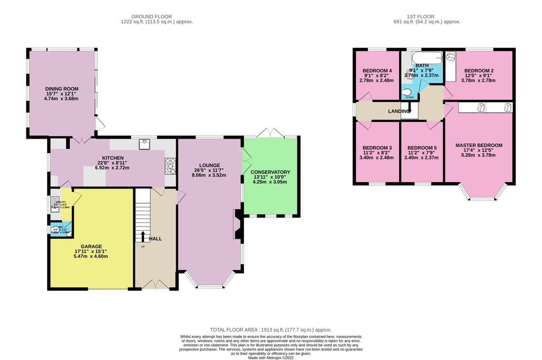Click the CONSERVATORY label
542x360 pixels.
270,172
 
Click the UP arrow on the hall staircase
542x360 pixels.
142,236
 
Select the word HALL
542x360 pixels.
155,239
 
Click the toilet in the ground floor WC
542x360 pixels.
55,229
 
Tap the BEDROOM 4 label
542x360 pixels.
377,71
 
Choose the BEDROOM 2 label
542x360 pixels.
479,71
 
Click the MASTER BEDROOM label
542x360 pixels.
478,145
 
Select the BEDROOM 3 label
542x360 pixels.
377,148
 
